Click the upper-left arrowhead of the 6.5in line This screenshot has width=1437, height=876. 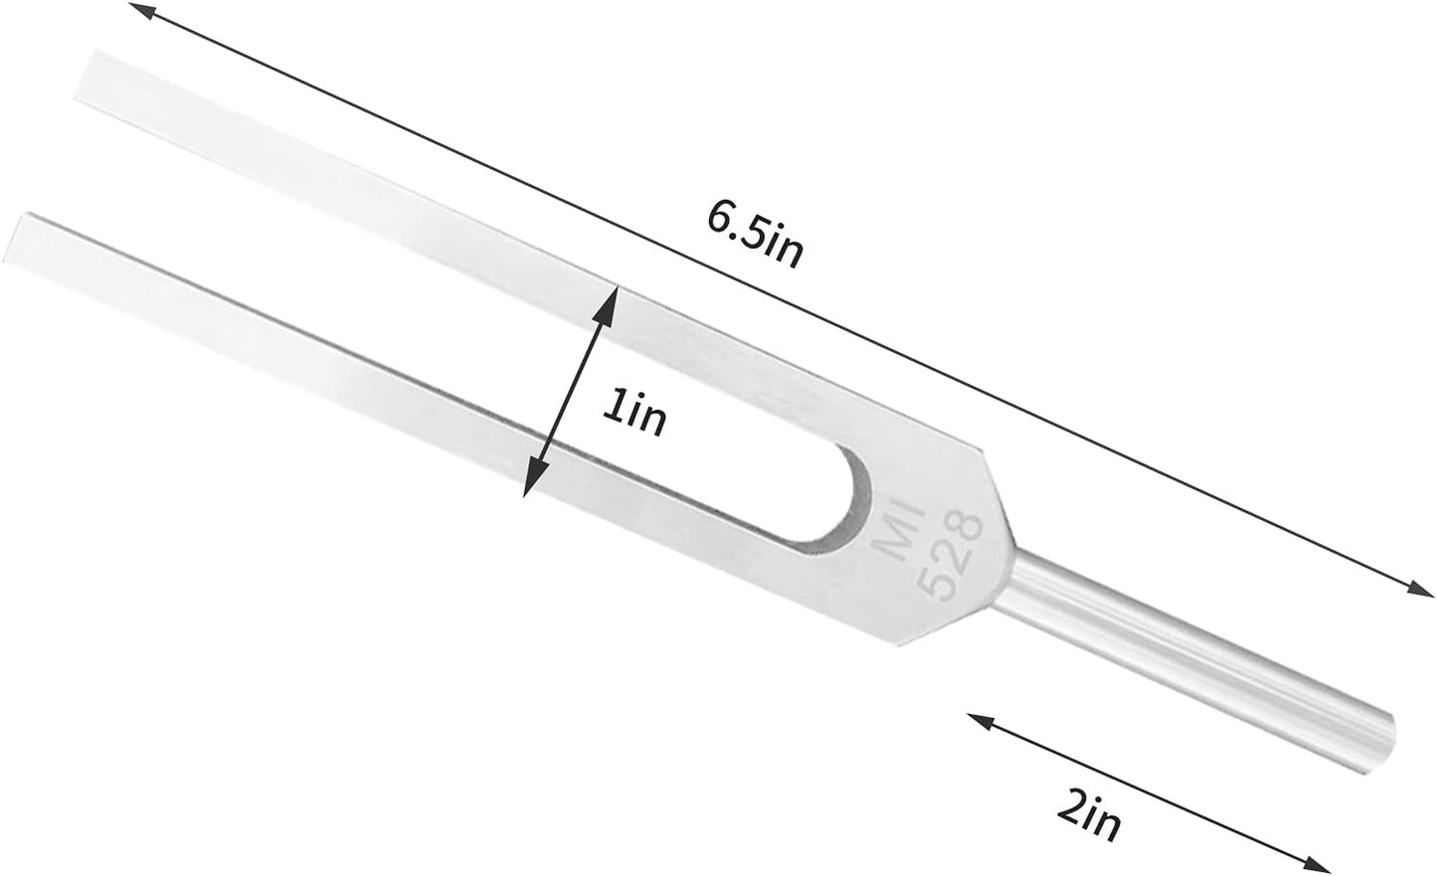point(140,11)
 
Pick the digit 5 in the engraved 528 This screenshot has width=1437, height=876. point(934,586)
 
